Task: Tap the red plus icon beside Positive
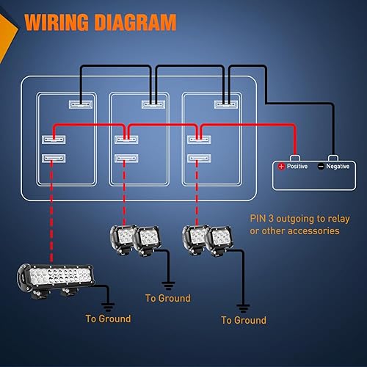281,167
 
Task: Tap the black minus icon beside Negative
321,167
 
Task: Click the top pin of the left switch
81,104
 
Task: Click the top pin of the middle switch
153,104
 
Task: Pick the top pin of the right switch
224,104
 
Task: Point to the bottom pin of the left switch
54,159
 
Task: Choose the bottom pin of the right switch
196,158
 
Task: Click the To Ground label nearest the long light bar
108,319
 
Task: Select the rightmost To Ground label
244,320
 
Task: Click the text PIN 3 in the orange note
261,218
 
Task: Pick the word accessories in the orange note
310,230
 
